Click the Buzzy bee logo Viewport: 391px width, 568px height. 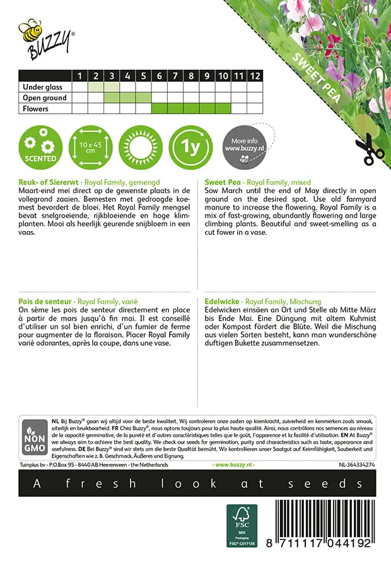point(46,37)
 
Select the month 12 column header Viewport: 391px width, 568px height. point(254,76)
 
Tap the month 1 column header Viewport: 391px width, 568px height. point(79,76)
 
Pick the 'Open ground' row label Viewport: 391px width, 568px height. point(44,98)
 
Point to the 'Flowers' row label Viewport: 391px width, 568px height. point(35,109)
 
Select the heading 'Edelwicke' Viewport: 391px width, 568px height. point(223,302)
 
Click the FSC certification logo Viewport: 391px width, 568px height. point(242,525)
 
